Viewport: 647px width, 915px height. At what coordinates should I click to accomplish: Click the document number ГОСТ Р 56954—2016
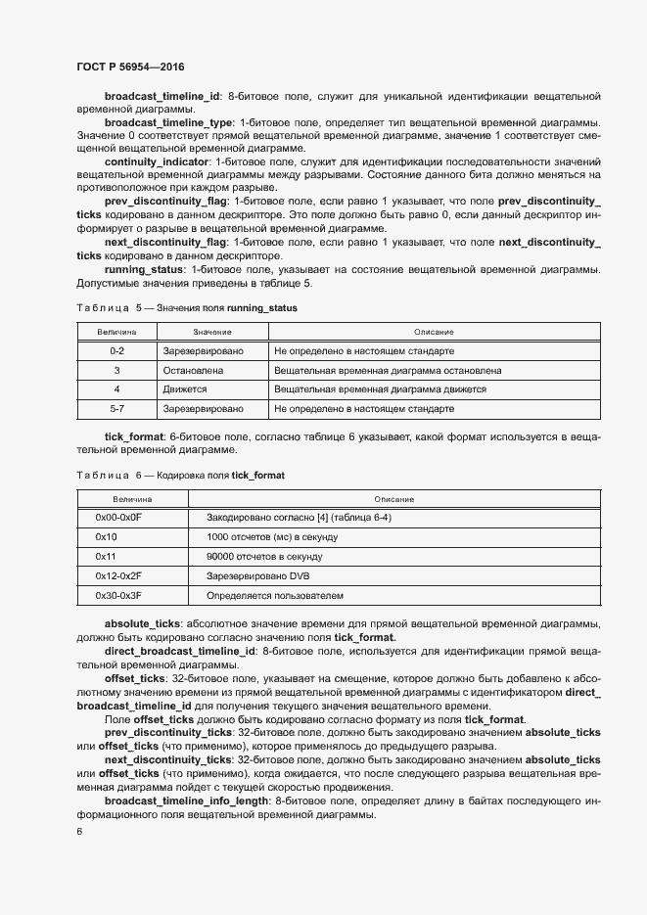tap(130, 67)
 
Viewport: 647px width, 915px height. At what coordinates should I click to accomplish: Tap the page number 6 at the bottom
tap(79, 832)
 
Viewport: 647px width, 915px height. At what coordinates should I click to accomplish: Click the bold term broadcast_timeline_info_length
tap(188, 800)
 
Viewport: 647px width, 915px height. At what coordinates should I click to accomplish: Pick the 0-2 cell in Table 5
tap(116, 350)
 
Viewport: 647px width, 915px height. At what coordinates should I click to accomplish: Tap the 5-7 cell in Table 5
tap(116, 408)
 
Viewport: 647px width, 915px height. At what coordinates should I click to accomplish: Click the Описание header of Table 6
tap(393, 499)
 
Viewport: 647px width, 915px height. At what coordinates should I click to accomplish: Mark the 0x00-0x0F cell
tap(118, 517)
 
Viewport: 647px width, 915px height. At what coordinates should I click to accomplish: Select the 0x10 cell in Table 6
tap(107, 537)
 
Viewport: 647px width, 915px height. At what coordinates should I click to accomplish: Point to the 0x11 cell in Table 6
tap(106, 556)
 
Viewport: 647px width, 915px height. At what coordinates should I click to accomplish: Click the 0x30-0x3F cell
tap(118, 595)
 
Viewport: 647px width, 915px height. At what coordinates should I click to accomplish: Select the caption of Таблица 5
tap(186, 308)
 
